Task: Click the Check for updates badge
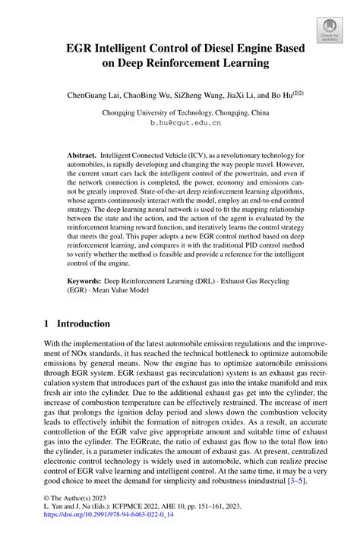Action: coord(330,30)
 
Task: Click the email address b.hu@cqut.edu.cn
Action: coord(185,122)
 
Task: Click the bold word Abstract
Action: coord(80,153)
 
